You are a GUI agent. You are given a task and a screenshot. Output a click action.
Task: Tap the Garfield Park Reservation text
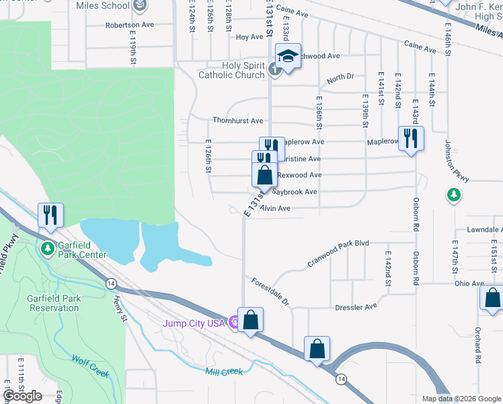click(54, 302)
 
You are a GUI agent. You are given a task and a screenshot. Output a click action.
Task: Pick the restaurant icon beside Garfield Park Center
click(50, 215)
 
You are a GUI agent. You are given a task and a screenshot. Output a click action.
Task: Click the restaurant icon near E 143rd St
click(410, 139)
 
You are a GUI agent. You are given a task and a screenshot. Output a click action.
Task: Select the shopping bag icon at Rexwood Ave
click(265, 175)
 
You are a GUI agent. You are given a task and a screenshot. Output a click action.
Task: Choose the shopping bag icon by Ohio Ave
click(492, 297)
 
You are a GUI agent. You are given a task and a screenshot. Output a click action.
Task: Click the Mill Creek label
click(225, 371)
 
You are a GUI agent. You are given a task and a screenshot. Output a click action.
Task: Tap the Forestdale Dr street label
click(270, 290)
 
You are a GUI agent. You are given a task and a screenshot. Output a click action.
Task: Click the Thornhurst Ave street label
click(237, 121)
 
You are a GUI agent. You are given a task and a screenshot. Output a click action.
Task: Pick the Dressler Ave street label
click(356, 308)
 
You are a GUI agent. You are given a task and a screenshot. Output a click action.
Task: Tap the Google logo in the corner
click(23, 395)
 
